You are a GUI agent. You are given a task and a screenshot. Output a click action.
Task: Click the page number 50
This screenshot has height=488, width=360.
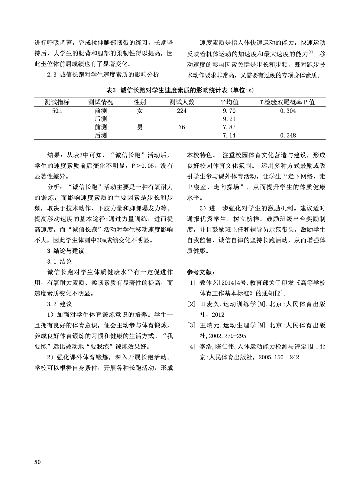[37, 462]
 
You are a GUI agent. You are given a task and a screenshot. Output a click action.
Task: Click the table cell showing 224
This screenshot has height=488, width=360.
[181, 111]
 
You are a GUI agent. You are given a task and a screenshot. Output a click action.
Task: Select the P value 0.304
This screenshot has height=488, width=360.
[288, 111]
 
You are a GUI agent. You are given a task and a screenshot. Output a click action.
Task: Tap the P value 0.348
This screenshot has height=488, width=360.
[288, 136]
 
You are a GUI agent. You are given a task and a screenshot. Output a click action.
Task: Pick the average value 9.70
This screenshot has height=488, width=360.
[229, 111]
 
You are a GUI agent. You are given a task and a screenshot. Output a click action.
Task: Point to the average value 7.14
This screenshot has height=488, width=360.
[229, 136]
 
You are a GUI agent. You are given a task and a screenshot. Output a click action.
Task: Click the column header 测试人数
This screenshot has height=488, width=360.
[182, 102]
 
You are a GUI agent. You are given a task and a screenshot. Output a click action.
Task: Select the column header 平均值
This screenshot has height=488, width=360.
[229, 102]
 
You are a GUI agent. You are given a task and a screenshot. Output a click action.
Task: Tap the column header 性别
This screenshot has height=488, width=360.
[140, 102]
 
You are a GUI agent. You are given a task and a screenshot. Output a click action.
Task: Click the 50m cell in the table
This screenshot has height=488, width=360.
[57, 111]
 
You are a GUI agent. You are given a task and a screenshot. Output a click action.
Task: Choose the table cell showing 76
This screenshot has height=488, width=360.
[181, 127]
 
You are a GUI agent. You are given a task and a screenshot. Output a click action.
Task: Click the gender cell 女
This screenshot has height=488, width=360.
[140, 111]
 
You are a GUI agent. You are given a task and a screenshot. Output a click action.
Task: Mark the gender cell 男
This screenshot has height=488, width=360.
[140, 127]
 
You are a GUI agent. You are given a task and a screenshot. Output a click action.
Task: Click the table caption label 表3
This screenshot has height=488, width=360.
[111, 90]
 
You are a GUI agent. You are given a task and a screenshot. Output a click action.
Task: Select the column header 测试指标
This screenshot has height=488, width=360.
[57, 102]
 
